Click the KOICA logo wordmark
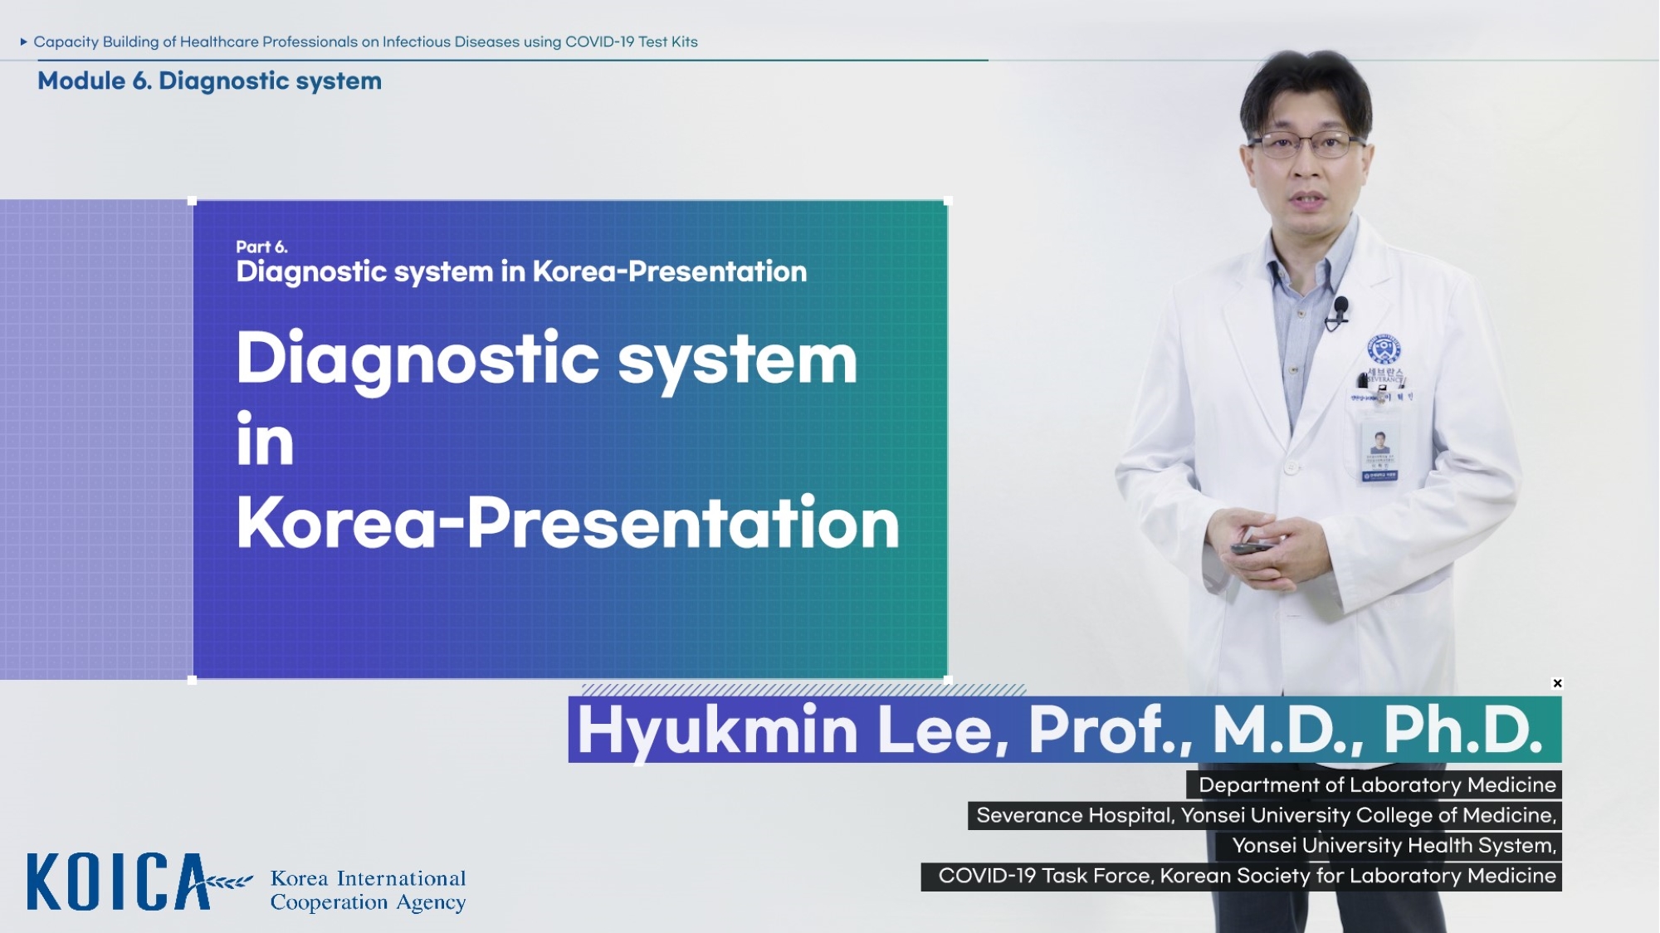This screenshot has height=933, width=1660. tap(119, 882)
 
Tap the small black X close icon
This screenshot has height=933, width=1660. tap(1557, 683)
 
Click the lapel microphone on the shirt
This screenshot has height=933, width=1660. tap(1340, 309)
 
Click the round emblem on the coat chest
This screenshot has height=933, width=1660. tap(1384, 349)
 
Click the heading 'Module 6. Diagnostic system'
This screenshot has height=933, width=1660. tap(209, 81)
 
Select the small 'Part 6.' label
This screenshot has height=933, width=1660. tap(261, 247)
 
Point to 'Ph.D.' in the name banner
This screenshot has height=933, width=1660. tap(1462, 729)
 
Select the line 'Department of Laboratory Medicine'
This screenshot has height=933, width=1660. tap(1377, 784)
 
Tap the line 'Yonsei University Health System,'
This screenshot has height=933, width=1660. tap(1394, 845)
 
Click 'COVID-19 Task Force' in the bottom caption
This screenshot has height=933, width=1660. tap(1045, 876)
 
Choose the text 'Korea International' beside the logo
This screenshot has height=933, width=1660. tap(368, 878)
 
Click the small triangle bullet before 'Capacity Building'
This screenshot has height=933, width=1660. tap(24, 42)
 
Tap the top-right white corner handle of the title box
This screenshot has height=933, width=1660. tap(948, 201)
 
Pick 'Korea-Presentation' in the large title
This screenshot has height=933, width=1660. tap(568, 522)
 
